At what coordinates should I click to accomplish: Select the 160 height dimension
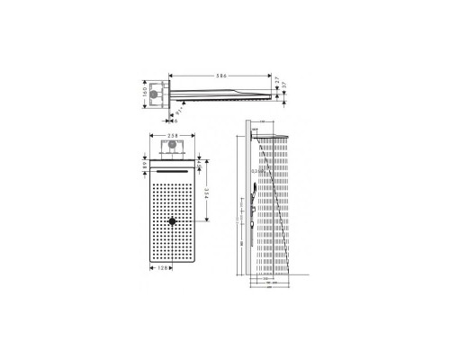146,94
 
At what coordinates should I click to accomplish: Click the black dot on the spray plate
172,220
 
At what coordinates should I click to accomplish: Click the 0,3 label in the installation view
255,172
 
